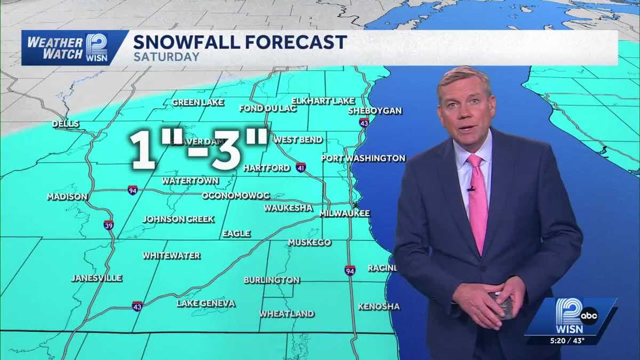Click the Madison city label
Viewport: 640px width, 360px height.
(x=67, y=197)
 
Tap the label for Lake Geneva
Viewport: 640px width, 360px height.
(x=206, y=303)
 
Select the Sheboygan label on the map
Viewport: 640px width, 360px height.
(x=375, y=111)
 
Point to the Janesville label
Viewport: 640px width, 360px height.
(x=97, y=278)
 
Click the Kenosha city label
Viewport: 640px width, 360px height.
(x=379, y=307)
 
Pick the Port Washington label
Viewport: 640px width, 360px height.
(x=363, y=158)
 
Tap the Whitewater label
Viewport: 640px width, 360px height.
(x=171, y=256)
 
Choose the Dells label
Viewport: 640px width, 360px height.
(x=66, y=124)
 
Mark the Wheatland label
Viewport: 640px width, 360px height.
(x=287, y=314)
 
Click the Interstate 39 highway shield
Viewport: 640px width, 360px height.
(x=108, y=225)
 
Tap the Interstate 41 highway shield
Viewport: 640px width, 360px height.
(x=301, y=167)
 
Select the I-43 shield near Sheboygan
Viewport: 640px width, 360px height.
(x=364, y=122)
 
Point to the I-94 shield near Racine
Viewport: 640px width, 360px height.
(x=350, y=270)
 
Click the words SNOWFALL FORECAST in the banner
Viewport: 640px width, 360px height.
(x=240, y=42)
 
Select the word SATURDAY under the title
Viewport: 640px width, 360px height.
(x=166, y=57)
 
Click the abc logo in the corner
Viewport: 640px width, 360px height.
(x=589, y=316)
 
